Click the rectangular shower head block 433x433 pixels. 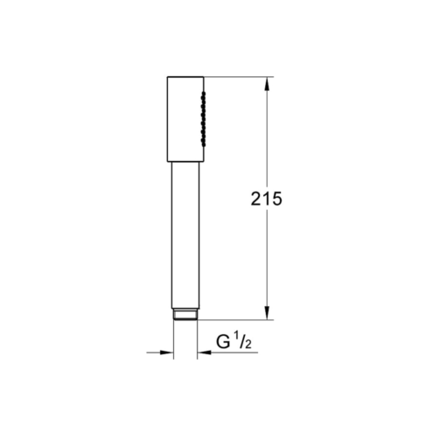coord(185,119)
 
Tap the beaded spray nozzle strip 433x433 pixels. coord(203,119)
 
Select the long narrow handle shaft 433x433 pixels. coord(185,235)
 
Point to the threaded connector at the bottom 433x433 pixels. coord(185,314)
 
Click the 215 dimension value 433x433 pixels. coord(266,199)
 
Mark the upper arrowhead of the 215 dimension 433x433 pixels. coord(267,84)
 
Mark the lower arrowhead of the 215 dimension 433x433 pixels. coord(267,312)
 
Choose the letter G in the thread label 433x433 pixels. coord(223,342)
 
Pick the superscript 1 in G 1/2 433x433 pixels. coord(236,339)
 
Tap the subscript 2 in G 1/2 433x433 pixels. coord(248,345)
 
